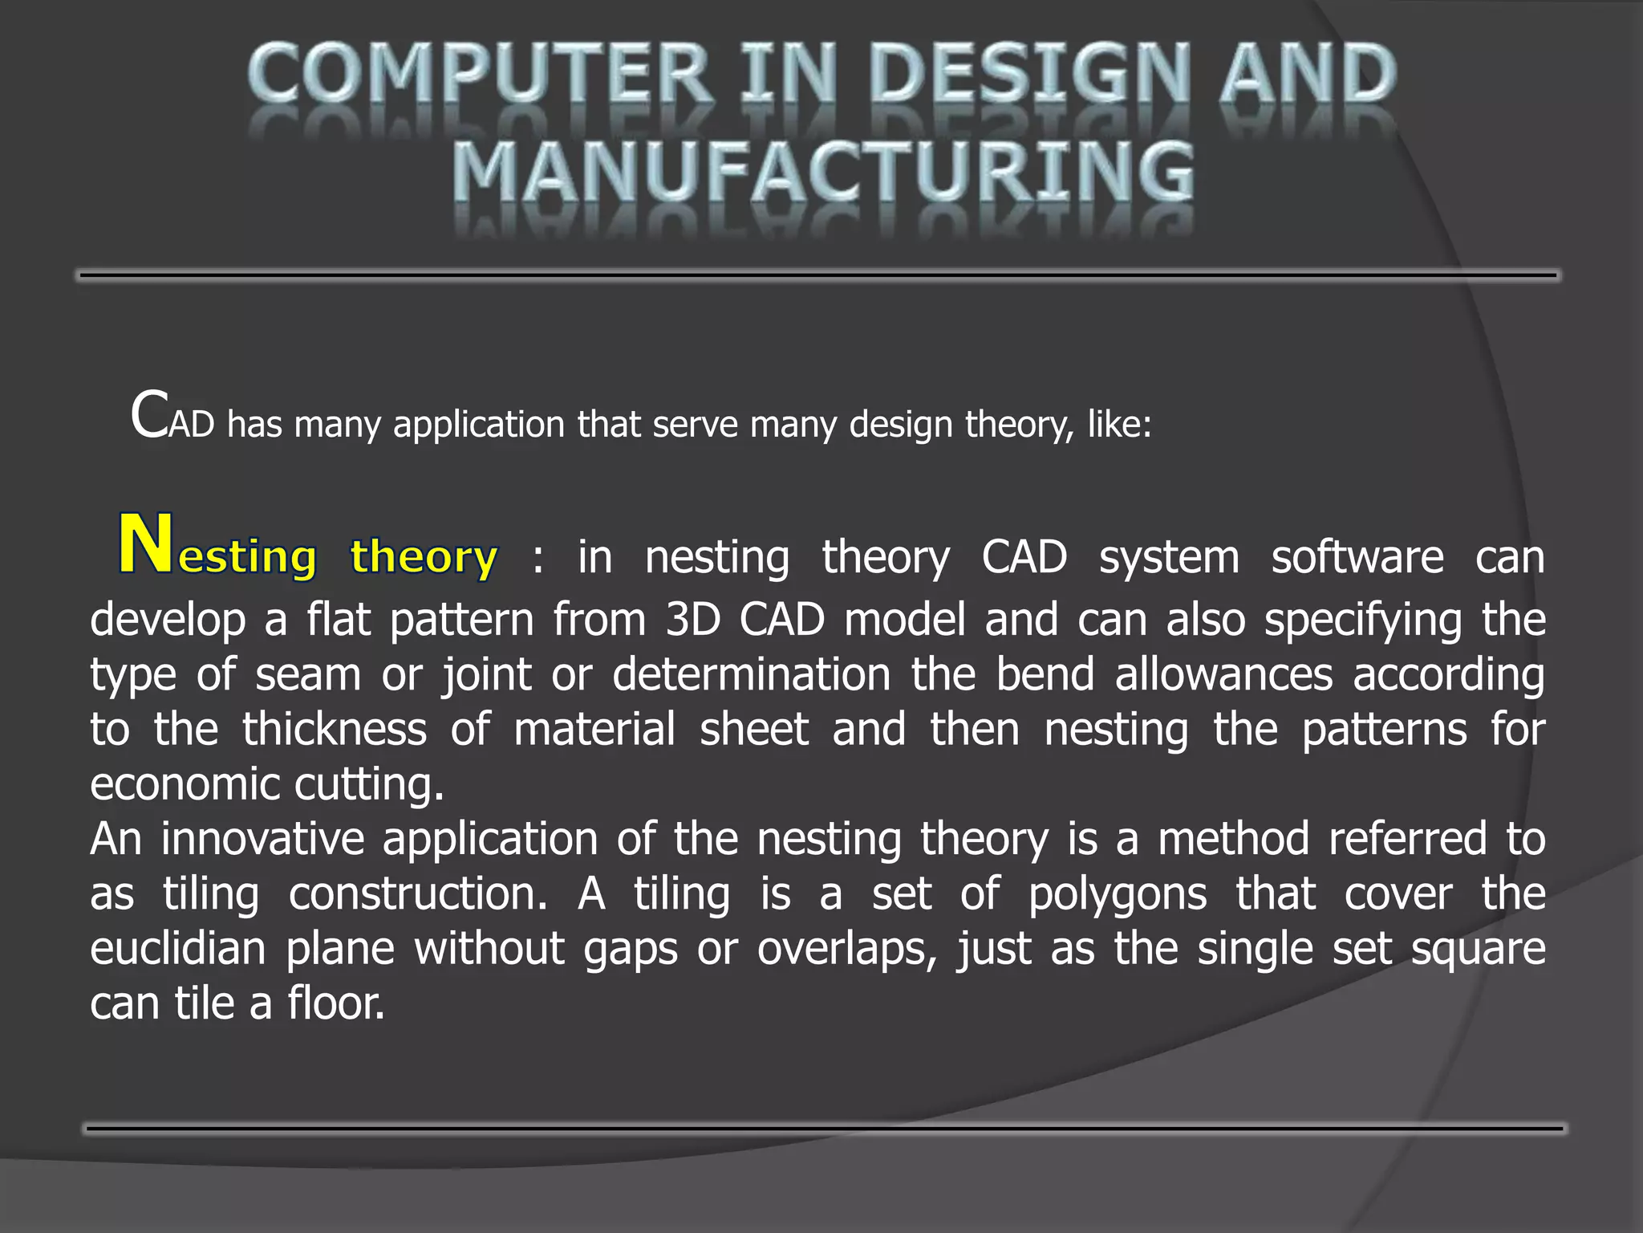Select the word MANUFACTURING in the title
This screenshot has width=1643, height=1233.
[x=823, y=172]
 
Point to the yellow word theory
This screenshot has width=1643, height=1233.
[x=424, y=556]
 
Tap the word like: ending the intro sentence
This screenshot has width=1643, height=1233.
[x=1119, y=425]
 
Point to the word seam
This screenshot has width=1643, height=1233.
[x=308, y=675]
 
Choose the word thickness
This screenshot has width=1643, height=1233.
[x=335, y=730]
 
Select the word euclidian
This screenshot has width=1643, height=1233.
[x=178, y=949]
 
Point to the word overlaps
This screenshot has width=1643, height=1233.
[x=846, y=950]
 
